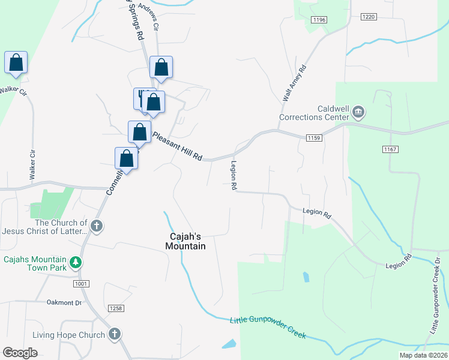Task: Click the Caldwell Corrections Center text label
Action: point(314,112)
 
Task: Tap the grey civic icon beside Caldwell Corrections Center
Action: point(359,111)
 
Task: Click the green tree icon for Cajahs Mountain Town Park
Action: point(75,262)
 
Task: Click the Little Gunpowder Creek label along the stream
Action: point(268,327)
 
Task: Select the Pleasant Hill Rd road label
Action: point(176,145)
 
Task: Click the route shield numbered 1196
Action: point(319,20)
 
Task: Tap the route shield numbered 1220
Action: point(369,17)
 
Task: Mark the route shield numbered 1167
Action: point(389,149)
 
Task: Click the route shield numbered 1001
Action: point(82,283)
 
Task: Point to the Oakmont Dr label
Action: point(64,302)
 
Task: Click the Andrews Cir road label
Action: point(149,16)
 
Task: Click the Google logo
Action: point(19,353)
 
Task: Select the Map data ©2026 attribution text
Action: point(423,355)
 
